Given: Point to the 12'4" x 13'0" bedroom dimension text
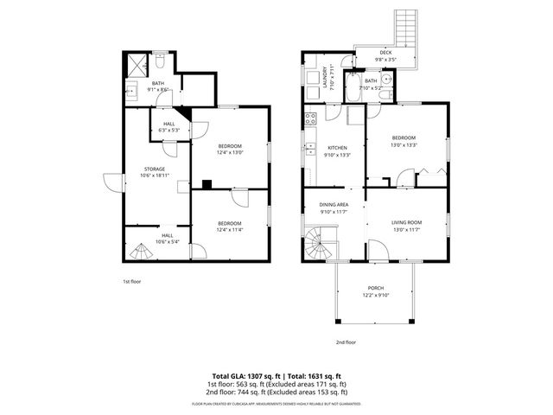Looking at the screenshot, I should pos(229,152).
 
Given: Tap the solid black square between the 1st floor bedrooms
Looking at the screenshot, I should pos(206,183).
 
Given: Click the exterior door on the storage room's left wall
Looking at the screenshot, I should pos(110,182).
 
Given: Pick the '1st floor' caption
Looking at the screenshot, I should pos(130,282).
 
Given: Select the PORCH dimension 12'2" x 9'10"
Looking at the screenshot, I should pos(375,295).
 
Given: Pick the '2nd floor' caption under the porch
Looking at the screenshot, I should pos(345,342).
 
